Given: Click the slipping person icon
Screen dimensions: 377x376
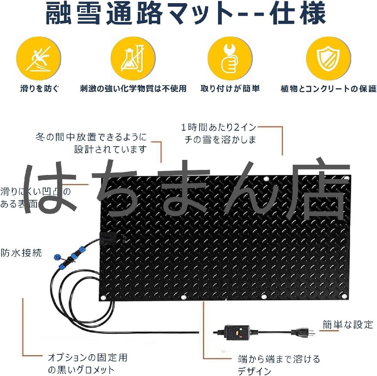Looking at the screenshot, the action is click(x=38, y=59).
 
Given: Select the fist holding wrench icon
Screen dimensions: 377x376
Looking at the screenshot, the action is click(x=230, y=59).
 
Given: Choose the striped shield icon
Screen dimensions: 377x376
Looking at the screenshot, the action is click(x=328, y=59).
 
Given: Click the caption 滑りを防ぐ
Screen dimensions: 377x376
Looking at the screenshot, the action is click(x=40, y=89).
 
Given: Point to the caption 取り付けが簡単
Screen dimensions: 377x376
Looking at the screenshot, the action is click(x=230, y=89).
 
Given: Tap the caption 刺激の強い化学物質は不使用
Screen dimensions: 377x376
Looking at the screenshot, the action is click(x=133, y=89).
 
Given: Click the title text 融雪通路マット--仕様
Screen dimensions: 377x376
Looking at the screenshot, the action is click(x=185, y=14).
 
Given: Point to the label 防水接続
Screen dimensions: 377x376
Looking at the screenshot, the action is click(x=21, y=253).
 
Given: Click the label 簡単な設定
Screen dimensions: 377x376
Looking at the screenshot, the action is click(x=348, y=324).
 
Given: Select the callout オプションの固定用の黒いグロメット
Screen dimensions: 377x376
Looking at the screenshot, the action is click(x=88, y=363).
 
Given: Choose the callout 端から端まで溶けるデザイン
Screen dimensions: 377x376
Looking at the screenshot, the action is click(x=279, y=364).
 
